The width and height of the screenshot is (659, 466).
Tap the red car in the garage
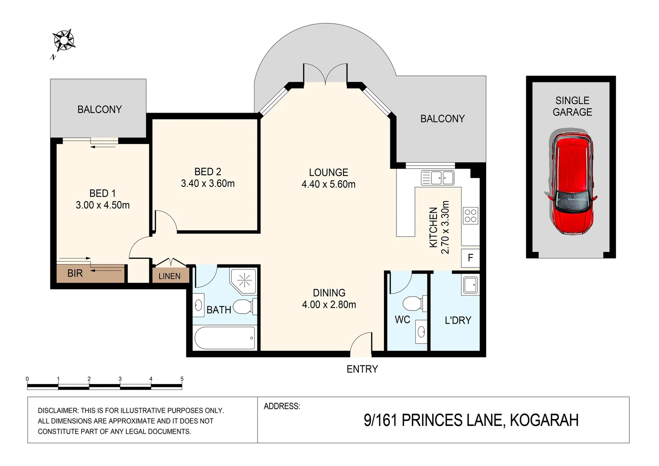coord(572,183)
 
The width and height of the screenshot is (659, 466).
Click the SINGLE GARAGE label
coord(572,106)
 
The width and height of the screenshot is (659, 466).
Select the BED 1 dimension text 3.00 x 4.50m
coord(103,205)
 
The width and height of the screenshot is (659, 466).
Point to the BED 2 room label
coord(207,172)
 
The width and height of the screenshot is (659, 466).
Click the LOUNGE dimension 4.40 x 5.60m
coord(328,184)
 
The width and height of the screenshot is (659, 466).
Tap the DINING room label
coord(329,293)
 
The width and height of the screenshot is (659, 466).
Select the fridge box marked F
coord(470,258)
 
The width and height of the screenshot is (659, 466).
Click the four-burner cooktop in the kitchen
coord(470,216)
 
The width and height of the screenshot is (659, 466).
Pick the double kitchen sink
coord(437,177)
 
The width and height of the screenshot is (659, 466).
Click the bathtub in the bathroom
coord(224,338)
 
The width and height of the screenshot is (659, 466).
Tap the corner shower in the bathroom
coord(244,281)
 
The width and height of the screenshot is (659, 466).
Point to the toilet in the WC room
coord(414,303)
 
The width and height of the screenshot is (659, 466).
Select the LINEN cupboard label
coord(169,276)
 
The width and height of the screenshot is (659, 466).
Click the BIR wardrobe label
coord(75,273)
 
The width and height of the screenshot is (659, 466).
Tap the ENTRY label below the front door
coord(362,369)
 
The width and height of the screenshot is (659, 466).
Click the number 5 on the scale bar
coord(182,379)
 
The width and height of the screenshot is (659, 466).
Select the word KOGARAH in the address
coord(544,420)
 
